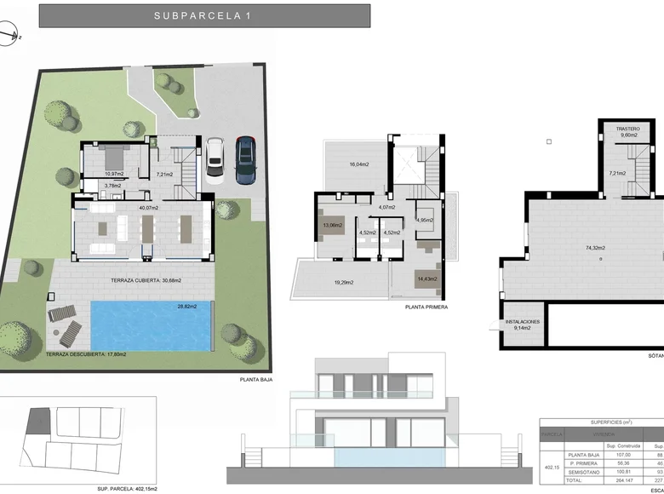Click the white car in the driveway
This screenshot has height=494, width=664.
tap(215, 157)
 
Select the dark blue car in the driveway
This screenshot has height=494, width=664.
tap(244, 159)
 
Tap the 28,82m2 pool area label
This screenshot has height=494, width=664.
tap(186, 307)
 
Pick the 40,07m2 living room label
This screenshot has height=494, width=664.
tap(148, 207)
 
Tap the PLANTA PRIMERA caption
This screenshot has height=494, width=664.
tap(426, 307)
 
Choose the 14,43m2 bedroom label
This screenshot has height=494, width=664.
tap(426, 279)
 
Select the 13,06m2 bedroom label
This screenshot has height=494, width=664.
tap(331, 226)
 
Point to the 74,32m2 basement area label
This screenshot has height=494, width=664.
tap(595, 248)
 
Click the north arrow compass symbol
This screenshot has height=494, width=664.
tap(9, 35)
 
